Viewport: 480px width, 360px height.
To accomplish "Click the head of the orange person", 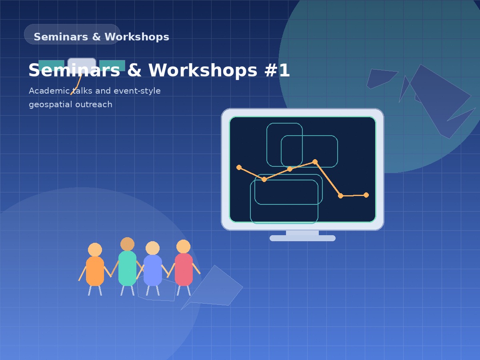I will tap(95, 250).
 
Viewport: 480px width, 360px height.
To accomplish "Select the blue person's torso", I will tap(152, 270).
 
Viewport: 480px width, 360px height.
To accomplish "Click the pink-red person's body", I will tap(184, 269).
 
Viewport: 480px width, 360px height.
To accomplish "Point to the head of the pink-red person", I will tap(183, 246).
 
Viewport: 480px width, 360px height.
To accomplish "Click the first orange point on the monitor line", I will tap(239, 167).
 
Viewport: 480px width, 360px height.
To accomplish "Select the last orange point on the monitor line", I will tap(366, 195).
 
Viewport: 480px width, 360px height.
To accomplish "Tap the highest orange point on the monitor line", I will tap(315, 162).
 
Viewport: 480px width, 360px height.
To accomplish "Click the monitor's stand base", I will tap(302, 238).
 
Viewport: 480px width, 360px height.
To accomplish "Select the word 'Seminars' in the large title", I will tap(74, 70).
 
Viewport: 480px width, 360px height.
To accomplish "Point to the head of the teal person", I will tap(127, 244).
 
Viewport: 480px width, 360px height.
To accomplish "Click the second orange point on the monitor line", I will tap(264, 179).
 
